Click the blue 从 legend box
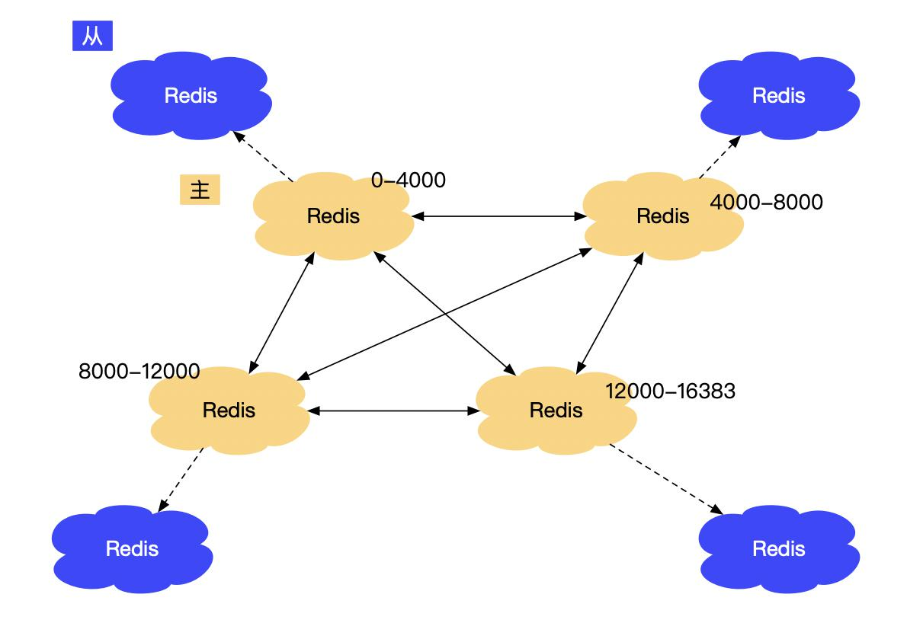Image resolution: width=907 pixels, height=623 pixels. (92, 36)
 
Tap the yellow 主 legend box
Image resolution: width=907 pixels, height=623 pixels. (200, 190)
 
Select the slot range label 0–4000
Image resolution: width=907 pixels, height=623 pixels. (409, 181)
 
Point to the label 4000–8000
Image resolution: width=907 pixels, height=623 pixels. (767, 203)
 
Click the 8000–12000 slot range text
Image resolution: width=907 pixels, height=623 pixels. (139, 371)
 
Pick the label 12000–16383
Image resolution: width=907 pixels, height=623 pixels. (671, 391)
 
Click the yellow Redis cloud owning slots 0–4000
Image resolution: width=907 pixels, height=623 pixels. (334, 216)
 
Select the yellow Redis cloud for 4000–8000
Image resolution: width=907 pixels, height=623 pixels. (663, 216)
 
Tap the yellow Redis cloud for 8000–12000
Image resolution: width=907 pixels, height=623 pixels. (229, 411)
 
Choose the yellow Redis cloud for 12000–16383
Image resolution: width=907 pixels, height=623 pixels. (556, 411)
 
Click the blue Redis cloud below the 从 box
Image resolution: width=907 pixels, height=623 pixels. (191, 95)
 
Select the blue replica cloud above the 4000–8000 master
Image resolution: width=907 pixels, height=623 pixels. (779, 95)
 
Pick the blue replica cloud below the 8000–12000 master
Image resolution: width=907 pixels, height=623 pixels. (132, 548)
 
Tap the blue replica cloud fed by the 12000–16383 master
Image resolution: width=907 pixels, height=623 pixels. (779, 548)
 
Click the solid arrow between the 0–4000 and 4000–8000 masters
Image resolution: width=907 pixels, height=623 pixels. (499, 216)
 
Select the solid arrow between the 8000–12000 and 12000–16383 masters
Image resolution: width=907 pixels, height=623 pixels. (393, 411)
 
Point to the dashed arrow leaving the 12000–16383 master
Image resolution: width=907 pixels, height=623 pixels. (666, 479)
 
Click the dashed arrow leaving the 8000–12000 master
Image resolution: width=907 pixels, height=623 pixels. (181, 480)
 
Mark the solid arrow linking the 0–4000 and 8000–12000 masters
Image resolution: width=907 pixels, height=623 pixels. (282, 313)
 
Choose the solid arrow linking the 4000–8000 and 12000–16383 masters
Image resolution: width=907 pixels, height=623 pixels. (611, 313)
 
